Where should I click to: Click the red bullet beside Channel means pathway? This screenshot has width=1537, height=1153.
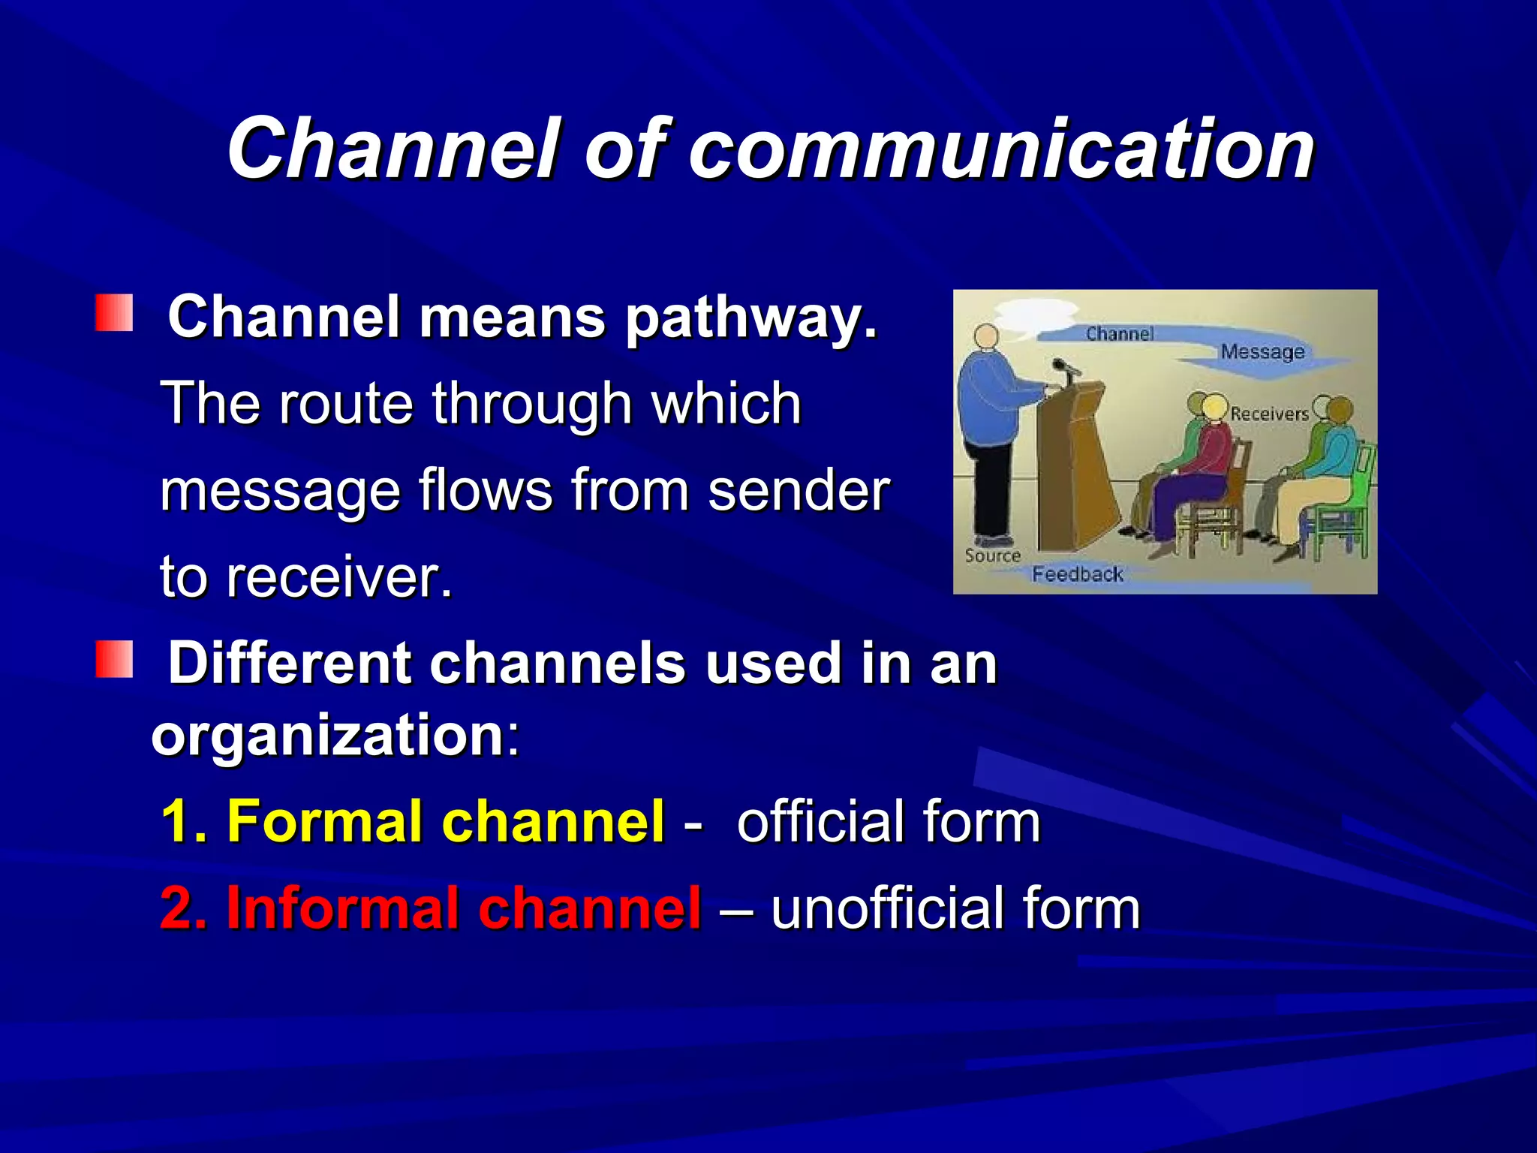(x=114, y=313)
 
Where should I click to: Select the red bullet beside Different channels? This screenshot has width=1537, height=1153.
(x=114, y=660)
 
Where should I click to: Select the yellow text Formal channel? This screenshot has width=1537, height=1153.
(x=446, y=821)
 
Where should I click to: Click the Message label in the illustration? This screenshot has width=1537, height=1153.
(x=1262, y=351)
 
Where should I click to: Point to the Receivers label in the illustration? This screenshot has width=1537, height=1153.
(x=1269, y=414)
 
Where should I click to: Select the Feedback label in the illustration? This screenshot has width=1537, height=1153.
(x=1077, y=574)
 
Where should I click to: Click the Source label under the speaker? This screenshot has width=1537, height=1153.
(x=992, y=556)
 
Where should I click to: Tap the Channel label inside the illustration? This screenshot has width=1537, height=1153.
(x=1119, y=333)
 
